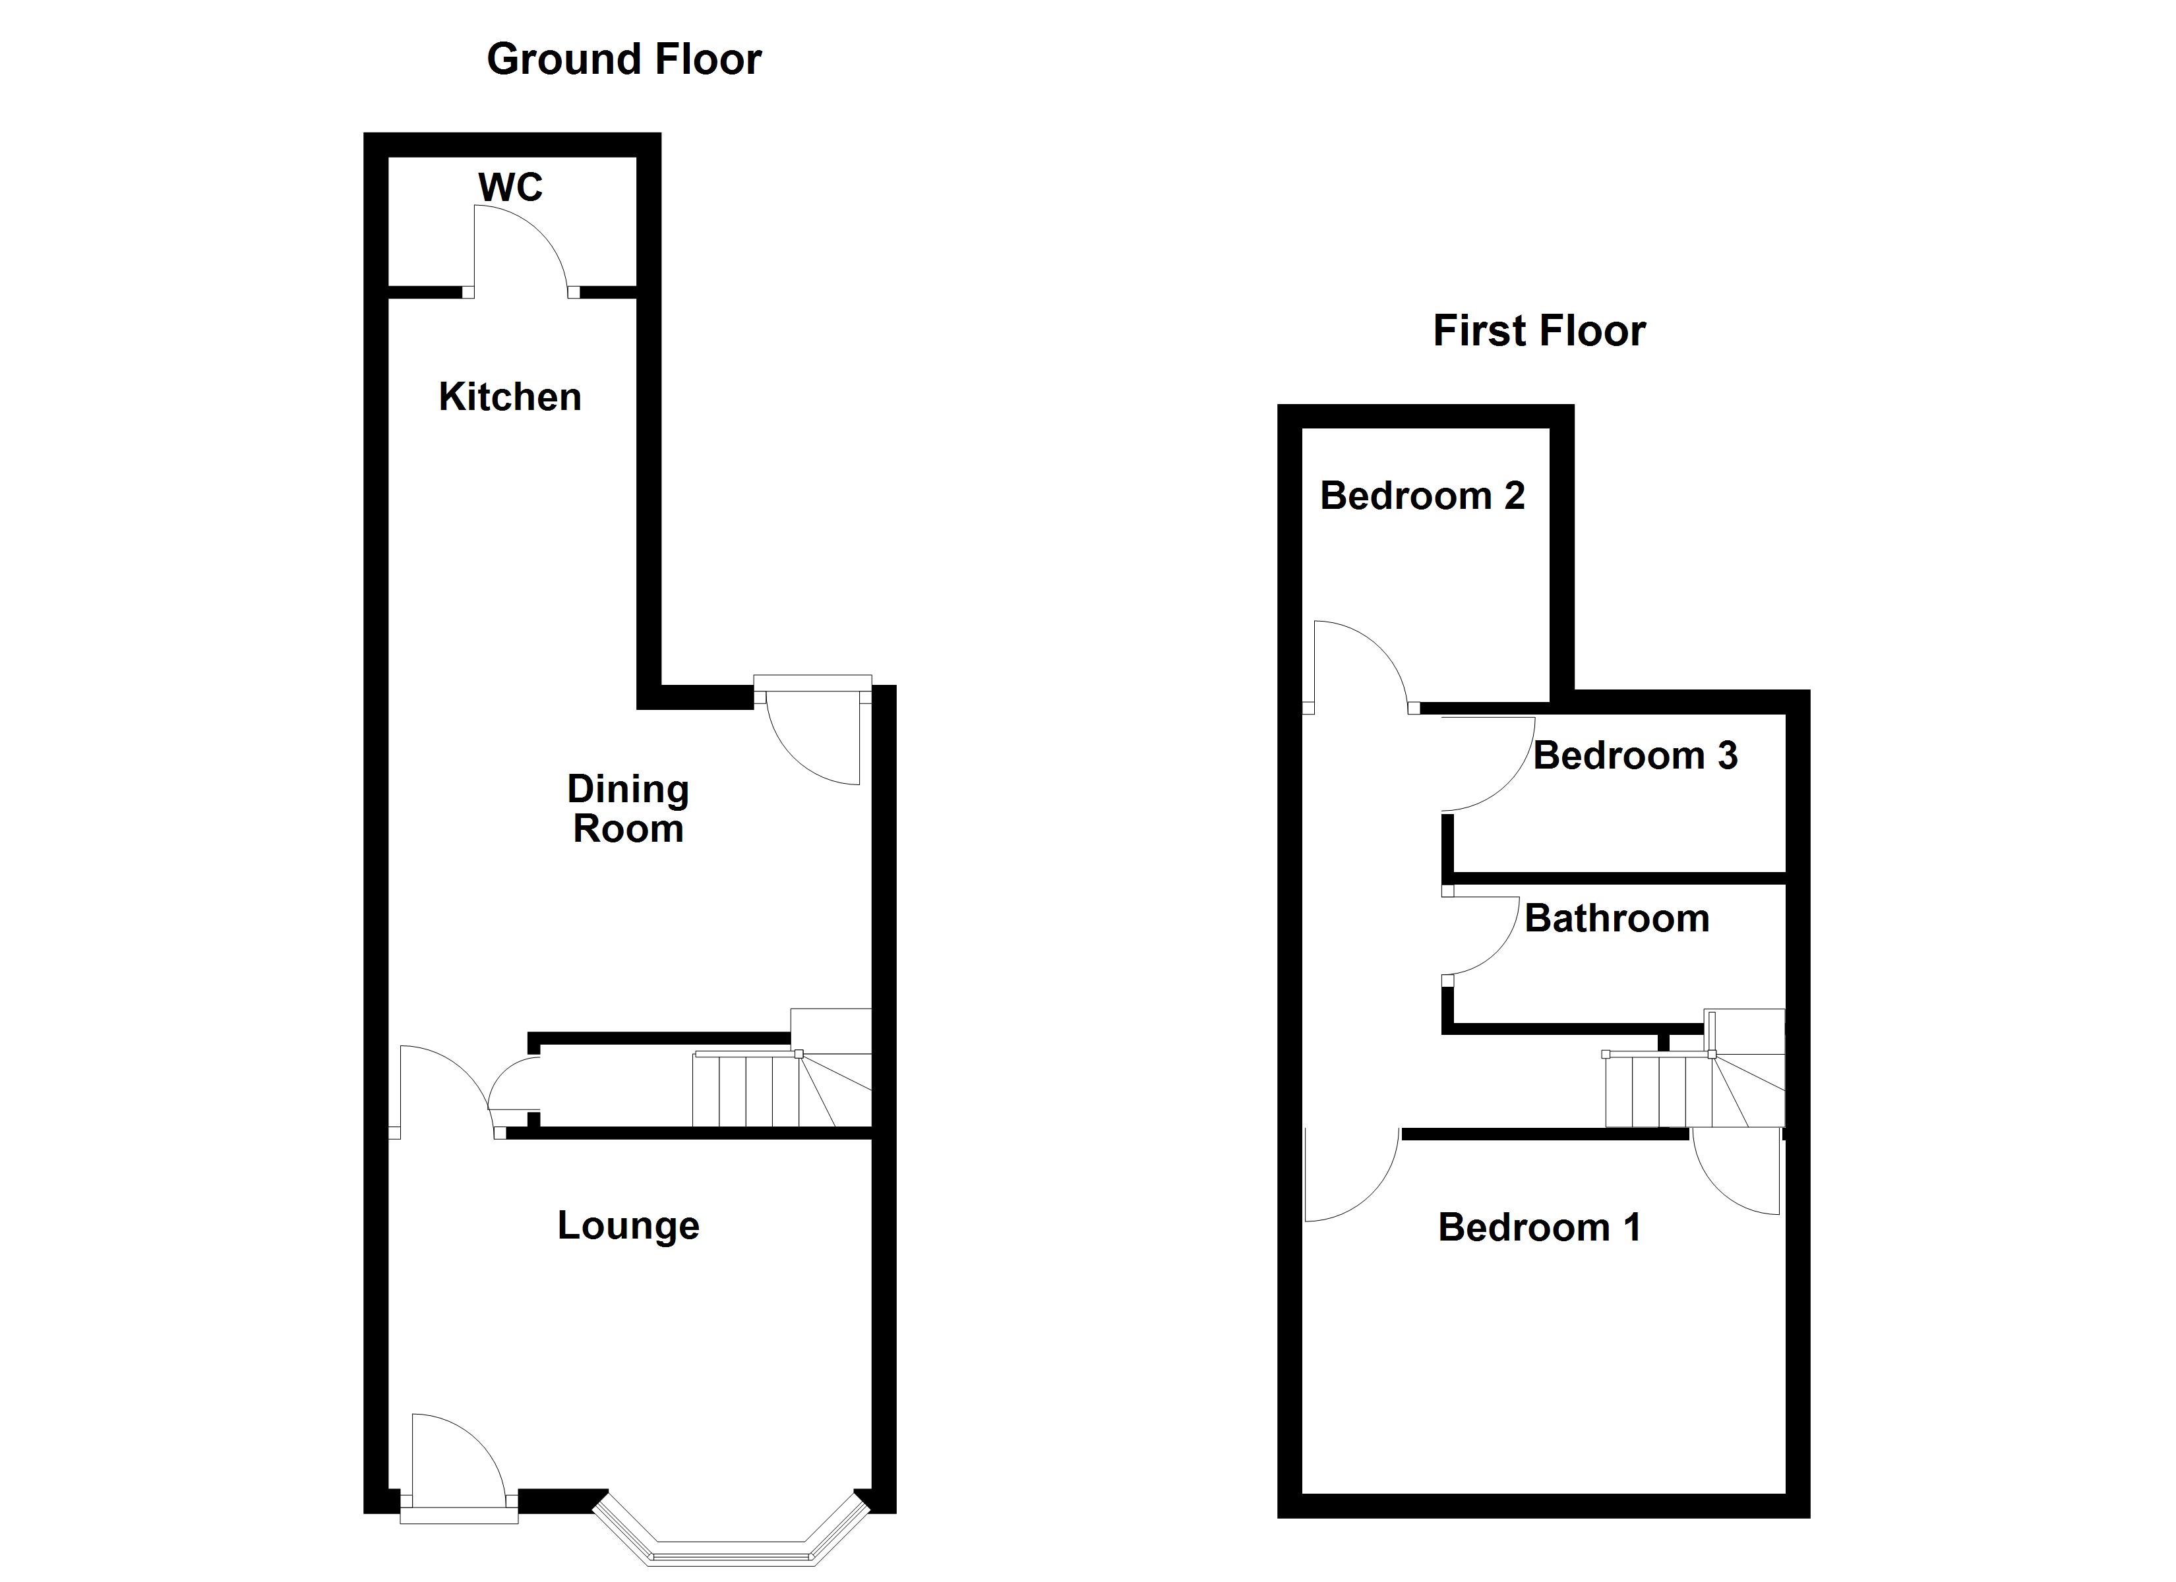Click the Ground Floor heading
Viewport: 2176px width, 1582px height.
(x=624, y=59)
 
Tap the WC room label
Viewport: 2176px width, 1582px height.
(x=510, y=187)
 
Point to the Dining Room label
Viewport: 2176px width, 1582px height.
(x=628, y=809)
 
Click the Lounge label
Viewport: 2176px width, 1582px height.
(x=628, y=1226)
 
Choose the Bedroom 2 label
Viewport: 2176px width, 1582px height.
(x=1422, y=496)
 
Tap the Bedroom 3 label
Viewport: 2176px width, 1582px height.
(x=1635, y=756)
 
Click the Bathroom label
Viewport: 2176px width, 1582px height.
(x=1617, y=919)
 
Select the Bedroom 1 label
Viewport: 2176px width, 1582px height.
(x=1539, y=1228)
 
